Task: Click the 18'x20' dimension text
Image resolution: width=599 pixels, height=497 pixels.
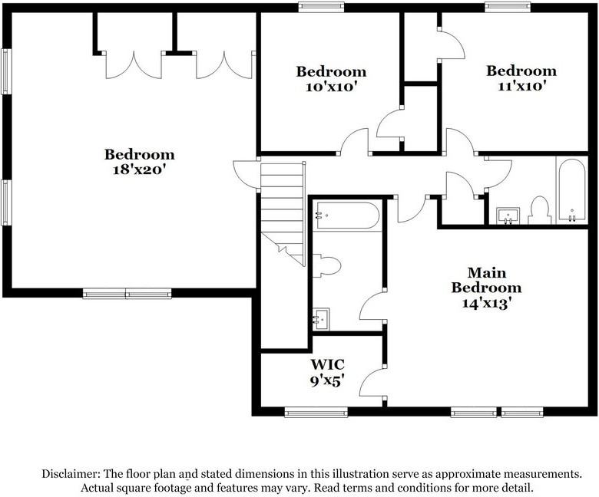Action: pos(139,170)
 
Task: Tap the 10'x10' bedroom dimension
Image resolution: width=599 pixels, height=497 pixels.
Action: pos(331,87)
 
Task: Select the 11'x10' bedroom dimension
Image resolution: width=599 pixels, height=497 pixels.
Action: pos(521,86)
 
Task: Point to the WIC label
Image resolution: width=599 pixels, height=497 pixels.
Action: pos(327,364)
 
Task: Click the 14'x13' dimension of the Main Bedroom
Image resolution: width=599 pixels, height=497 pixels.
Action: pos(486,303)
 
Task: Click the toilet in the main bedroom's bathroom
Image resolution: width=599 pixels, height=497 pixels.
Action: pos(326,265)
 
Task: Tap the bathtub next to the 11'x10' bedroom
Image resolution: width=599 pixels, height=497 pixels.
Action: pos(572,190)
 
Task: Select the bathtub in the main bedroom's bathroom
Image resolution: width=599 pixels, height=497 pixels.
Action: pos(347,216)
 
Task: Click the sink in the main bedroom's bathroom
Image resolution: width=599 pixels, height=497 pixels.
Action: pos(321,319)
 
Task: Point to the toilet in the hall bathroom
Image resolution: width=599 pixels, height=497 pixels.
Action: pos(539,211)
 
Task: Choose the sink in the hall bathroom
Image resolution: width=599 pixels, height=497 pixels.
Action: pos(508,216)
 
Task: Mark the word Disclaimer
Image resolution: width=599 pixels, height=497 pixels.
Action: pos(71,474)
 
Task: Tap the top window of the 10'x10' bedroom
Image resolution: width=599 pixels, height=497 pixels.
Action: pos(321,7)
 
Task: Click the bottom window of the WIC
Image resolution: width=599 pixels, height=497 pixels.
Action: pos(316,412)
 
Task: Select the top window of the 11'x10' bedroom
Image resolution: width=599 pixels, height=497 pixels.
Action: pos(508,7)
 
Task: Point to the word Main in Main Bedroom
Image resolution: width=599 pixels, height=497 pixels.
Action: pos(487,272)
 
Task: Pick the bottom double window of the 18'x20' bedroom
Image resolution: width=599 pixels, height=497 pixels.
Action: pos(127,293)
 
